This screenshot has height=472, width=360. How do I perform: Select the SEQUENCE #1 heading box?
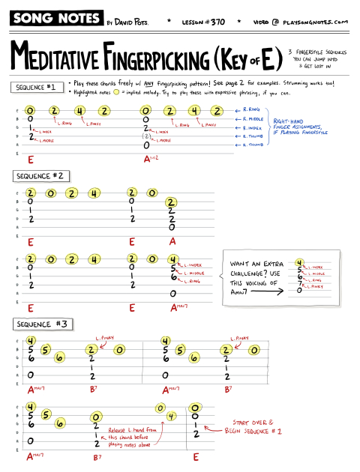point(37,88)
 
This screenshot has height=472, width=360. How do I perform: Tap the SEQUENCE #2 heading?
point(42,176)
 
